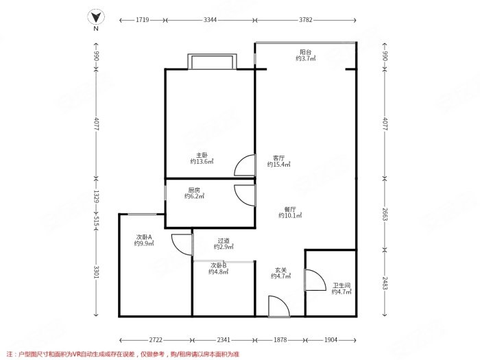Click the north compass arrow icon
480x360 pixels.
tap(96, 17)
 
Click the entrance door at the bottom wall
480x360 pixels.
tap(279, 306)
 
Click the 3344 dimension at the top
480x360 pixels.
tap(210, 20)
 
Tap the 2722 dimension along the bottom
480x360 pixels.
tap(156, 340)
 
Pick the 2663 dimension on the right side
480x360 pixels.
tap(385, 215)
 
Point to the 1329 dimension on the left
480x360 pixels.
tap(96, 196)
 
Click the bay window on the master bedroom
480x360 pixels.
tap(212, 62)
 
